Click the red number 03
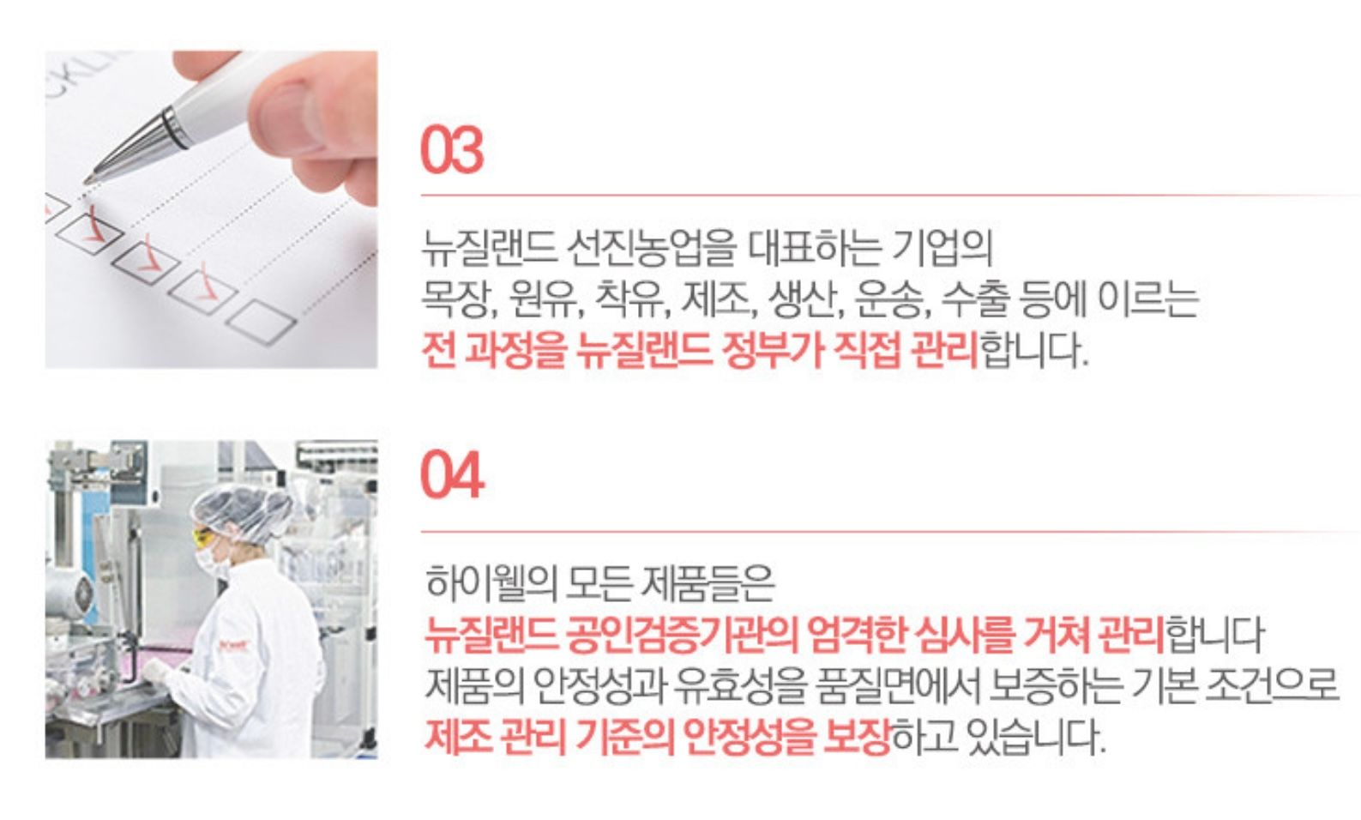click(452, 151)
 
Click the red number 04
click(452, 476)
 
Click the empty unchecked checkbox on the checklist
click(262, 322)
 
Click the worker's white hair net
click(244, 510)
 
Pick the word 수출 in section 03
click(974, 298)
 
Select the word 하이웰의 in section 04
click(490, 583)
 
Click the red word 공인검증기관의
click(681, 635)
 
